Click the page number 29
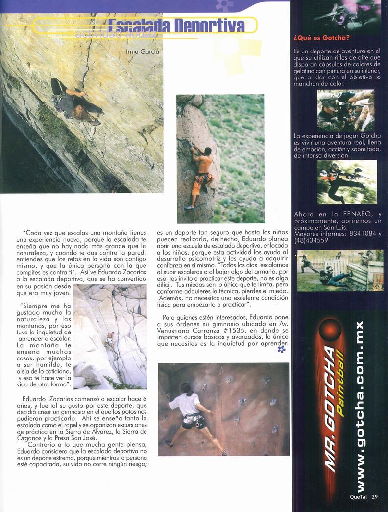pos(375,496)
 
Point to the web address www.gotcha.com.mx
pos(360,407)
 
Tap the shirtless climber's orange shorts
pos(199,182)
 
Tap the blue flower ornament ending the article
pos(281,349)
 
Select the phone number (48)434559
pos(312,241)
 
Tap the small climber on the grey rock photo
pos(110,339)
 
